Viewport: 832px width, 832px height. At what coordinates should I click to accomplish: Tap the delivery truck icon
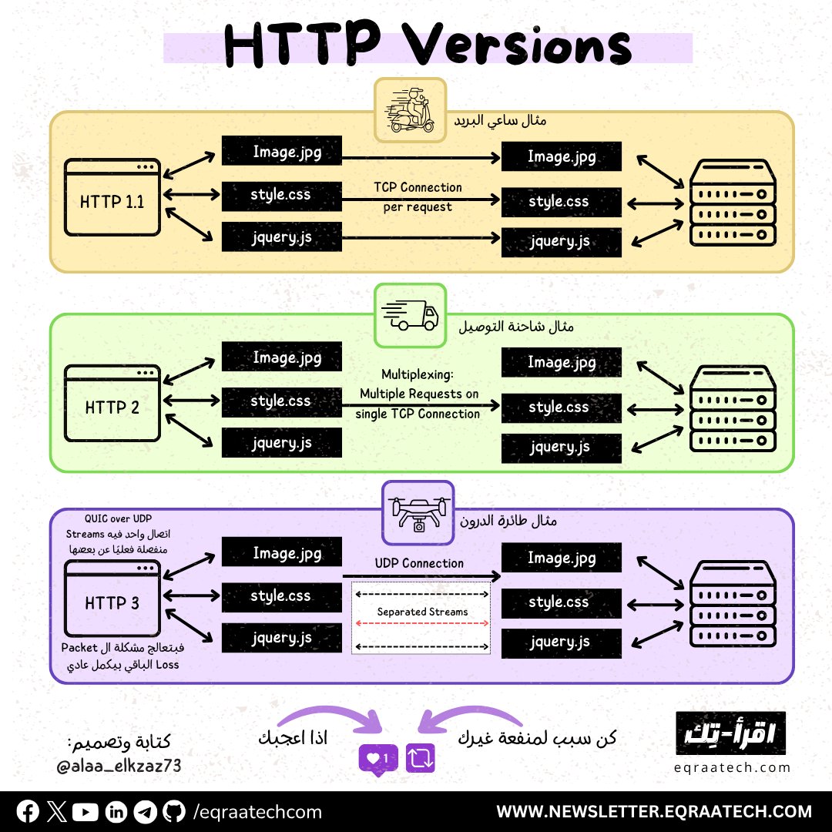pos(410,315)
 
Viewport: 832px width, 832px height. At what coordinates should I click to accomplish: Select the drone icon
pos(418,512)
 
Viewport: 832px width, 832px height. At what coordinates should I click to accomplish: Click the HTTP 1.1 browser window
pos(112,197)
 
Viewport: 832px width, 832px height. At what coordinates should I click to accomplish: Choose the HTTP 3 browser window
pos(112,599)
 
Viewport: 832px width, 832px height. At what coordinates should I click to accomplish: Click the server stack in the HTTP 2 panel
pos(731,408)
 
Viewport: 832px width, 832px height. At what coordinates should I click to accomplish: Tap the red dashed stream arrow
pos(421,622)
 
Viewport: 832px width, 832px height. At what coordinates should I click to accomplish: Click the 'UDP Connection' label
pos(419,563)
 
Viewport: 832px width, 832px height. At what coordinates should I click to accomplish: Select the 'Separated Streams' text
pos(422,612)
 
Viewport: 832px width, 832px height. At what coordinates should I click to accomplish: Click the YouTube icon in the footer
pos(89,811)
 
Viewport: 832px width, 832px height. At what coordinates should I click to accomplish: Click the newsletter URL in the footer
pos(654,811)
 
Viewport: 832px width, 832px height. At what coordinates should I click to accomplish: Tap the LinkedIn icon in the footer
pos(117,811)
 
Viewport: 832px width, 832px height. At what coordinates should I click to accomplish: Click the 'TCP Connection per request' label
pos(418,197)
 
